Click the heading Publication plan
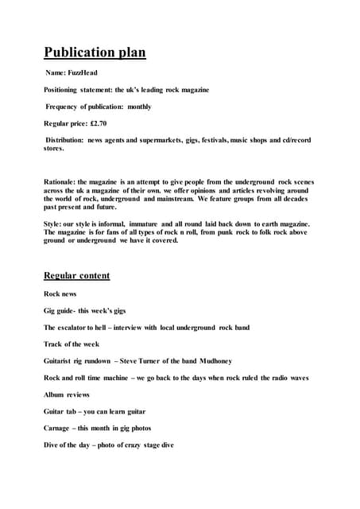95,52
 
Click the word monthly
139,107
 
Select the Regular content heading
76,276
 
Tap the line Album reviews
67,394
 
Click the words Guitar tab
63,410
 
